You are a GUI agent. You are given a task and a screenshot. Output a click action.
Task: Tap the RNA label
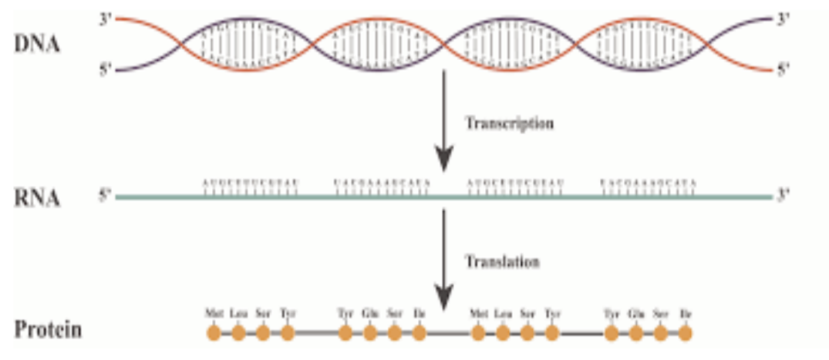(37, 198)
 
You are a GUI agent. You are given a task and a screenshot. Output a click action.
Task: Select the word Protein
(48, 331)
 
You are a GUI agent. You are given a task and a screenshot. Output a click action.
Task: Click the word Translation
(502, 261)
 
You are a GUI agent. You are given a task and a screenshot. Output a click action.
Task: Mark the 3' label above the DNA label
(105, 18)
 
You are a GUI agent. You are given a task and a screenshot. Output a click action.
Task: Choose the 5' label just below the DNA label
(105, 69)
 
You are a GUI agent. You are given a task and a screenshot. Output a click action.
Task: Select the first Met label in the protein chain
(214, 314)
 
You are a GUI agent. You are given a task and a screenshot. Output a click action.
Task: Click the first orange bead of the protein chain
(214, 333)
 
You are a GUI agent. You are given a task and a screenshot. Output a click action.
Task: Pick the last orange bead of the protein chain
(685, 333)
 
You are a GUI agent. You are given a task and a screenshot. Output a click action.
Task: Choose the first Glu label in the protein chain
(369, 314)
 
